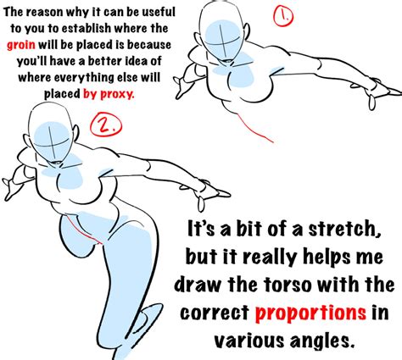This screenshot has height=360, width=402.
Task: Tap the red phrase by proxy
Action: (x=109, y=95)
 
